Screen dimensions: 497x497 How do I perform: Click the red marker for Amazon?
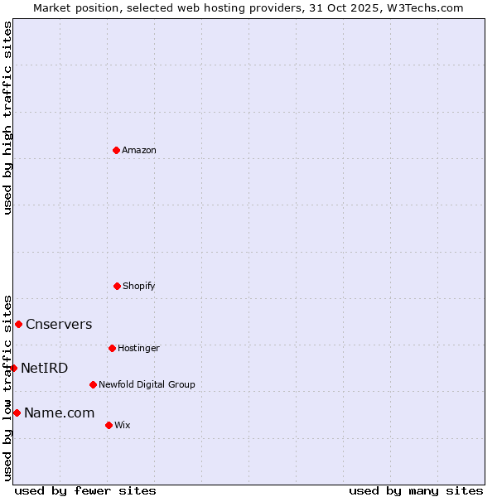coord(117,150)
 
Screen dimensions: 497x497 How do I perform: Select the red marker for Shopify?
coord(117,286)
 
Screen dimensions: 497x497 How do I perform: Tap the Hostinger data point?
coord(112,348)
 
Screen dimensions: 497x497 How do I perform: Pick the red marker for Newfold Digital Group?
coord(93,384)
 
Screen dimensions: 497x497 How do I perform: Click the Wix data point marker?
coord(109,425)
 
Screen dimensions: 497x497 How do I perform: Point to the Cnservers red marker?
coord(18,324)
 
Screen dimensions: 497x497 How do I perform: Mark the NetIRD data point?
coord(13,368)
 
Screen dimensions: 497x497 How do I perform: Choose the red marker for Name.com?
coord(17,413)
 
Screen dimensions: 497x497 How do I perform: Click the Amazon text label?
coord(139,151)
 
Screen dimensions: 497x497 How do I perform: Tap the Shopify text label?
coord(139,287)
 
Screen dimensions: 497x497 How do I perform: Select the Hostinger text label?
coord(138,349)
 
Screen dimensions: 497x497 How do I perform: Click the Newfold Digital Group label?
coord(147,385)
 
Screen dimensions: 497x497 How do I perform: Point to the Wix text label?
coord(123,426)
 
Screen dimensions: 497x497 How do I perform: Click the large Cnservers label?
coord(59,325)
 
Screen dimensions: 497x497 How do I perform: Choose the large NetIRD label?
coord(45,369)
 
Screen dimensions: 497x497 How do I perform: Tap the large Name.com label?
coord(59,413)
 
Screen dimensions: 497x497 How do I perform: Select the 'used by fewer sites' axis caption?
coord(85,491)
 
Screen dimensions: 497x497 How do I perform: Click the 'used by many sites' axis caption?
coord(416,491)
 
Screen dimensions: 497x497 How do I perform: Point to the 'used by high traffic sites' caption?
coord(7,118)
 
